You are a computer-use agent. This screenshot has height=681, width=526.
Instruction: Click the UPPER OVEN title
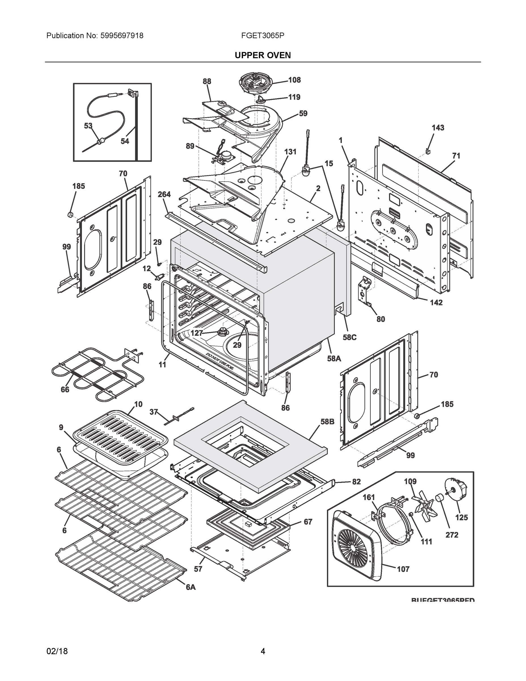pos(263,55)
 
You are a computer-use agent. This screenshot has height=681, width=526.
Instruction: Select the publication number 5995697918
pos(122,35)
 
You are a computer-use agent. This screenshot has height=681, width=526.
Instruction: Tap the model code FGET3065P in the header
pos(262,35)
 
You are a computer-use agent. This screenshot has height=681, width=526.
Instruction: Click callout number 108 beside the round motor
pos(294,80)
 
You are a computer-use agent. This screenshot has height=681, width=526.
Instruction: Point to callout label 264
pos(164,194)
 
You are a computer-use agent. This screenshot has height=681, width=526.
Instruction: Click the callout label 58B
pos(327,422)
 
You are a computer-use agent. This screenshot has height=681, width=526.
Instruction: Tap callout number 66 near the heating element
pos(65,390)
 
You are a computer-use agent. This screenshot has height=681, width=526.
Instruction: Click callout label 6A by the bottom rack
pos(191,587)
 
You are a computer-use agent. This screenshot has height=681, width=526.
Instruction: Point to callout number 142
pos(436,302)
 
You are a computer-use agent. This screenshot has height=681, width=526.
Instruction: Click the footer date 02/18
pos(57,651)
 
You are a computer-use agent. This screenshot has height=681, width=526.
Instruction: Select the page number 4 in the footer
pos(263,651)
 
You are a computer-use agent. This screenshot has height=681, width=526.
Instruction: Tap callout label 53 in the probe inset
pos(88,126)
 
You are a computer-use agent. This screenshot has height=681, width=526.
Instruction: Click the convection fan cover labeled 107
pos(355,545)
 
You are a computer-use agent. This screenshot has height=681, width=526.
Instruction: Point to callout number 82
pos(356,482)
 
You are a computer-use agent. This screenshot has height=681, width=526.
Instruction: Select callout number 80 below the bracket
pos(381,319)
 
